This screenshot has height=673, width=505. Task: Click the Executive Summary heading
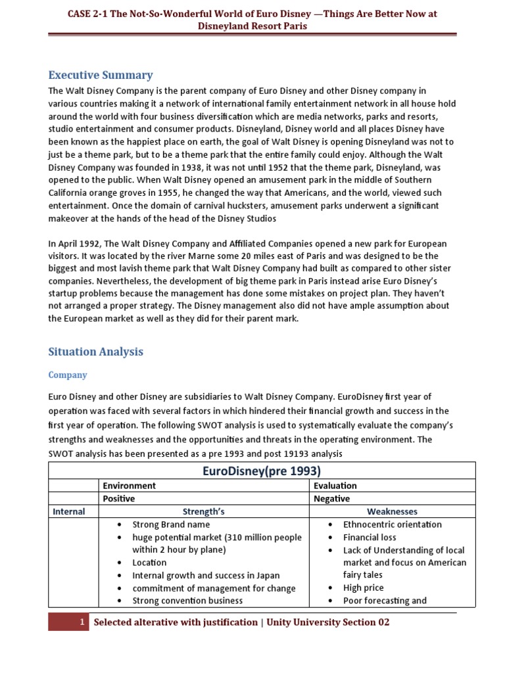[100, 75]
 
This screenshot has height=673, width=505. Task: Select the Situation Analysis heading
[95, 352]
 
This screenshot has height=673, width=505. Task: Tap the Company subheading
[68, 375]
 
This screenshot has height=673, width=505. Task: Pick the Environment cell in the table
[130, 486]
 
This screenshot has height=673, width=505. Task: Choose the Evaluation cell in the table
[335, 486]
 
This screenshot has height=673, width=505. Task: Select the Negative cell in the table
[332, 498]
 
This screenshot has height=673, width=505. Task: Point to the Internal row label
[68, 511]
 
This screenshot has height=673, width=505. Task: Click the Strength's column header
[204, 511]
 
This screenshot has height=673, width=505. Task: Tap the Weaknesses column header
[392, 511]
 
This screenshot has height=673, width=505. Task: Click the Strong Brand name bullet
[171, 524]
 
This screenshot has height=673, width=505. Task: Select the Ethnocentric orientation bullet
[392, 524]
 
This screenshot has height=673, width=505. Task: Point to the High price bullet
[363, 588]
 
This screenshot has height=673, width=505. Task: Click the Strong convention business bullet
[187, 600]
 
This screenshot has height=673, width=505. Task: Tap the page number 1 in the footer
[82, 622]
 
